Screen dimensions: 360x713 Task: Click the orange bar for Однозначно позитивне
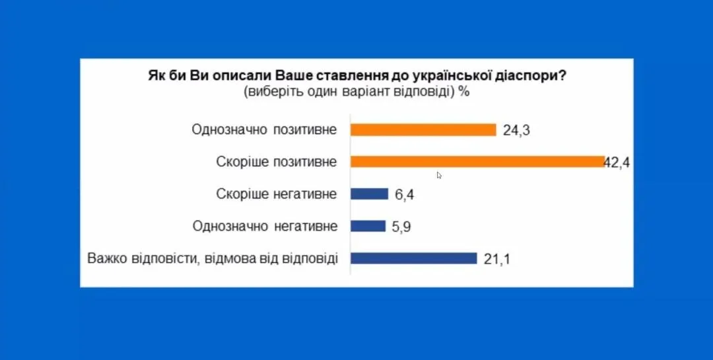point(423,129)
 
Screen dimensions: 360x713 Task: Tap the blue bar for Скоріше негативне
point(369,194)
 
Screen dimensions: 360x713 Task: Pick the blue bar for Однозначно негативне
point(368,226)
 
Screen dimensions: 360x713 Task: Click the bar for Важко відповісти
point(413,258)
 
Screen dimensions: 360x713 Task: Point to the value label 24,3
point(516,130)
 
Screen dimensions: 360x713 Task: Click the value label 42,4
point(617,162)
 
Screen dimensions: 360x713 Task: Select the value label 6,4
point(405,195)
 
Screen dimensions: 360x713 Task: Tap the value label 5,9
point(402,227)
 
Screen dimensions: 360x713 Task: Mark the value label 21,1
point(497,259)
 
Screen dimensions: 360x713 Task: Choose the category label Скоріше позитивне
point(277,162)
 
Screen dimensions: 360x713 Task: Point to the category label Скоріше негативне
point(277,194)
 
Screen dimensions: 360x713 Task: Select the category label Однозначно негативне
point(265,226)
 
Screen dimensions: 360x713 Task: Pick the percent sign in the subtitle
point(464,92)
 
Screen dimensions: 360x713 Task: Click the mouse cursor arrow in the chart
point(439,175)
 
